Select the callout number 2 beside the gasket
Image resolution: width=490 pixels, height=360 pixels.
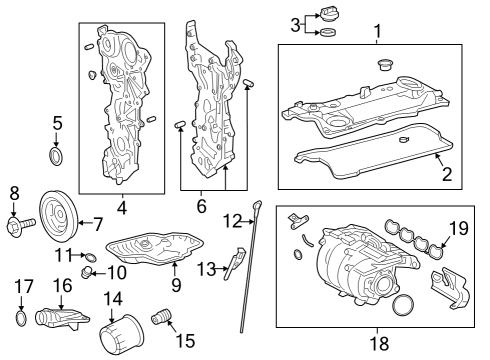point(447,174)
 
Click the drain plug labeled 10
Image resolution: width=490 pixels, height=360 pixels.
point(87,271)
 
